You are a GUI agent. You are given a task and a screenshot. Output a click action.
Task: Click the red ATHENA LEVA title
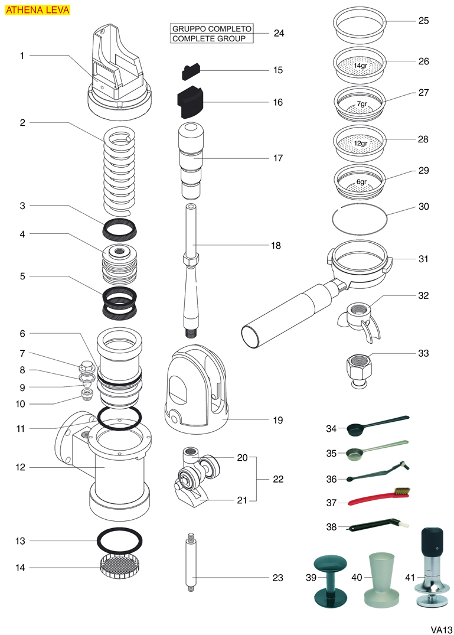pyautogui.click(x=37, y=10)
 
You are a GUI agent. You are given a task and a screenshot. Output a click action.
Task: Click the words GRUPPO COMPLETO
pyautogui.click(x=211, y=28)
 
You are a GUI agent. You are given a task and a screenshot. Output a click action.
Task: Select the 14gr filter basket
pyautogui.click(x=360, y=65)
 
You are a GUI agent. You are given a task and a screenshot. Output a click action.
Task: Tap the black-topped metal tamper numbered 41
pyautogui.click(x=433, y=567)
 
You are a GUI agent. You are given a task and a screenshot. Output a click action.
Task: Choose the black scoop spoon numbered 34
pyautogui.click(x=377, y=425)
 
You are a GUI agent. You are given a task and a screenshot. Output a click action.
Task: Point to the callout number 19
pyautogui.click(x=278, y=421)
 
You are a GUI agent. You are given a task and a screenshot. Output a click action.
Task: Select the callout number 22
pyautogui.click(x=278, y=480)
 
